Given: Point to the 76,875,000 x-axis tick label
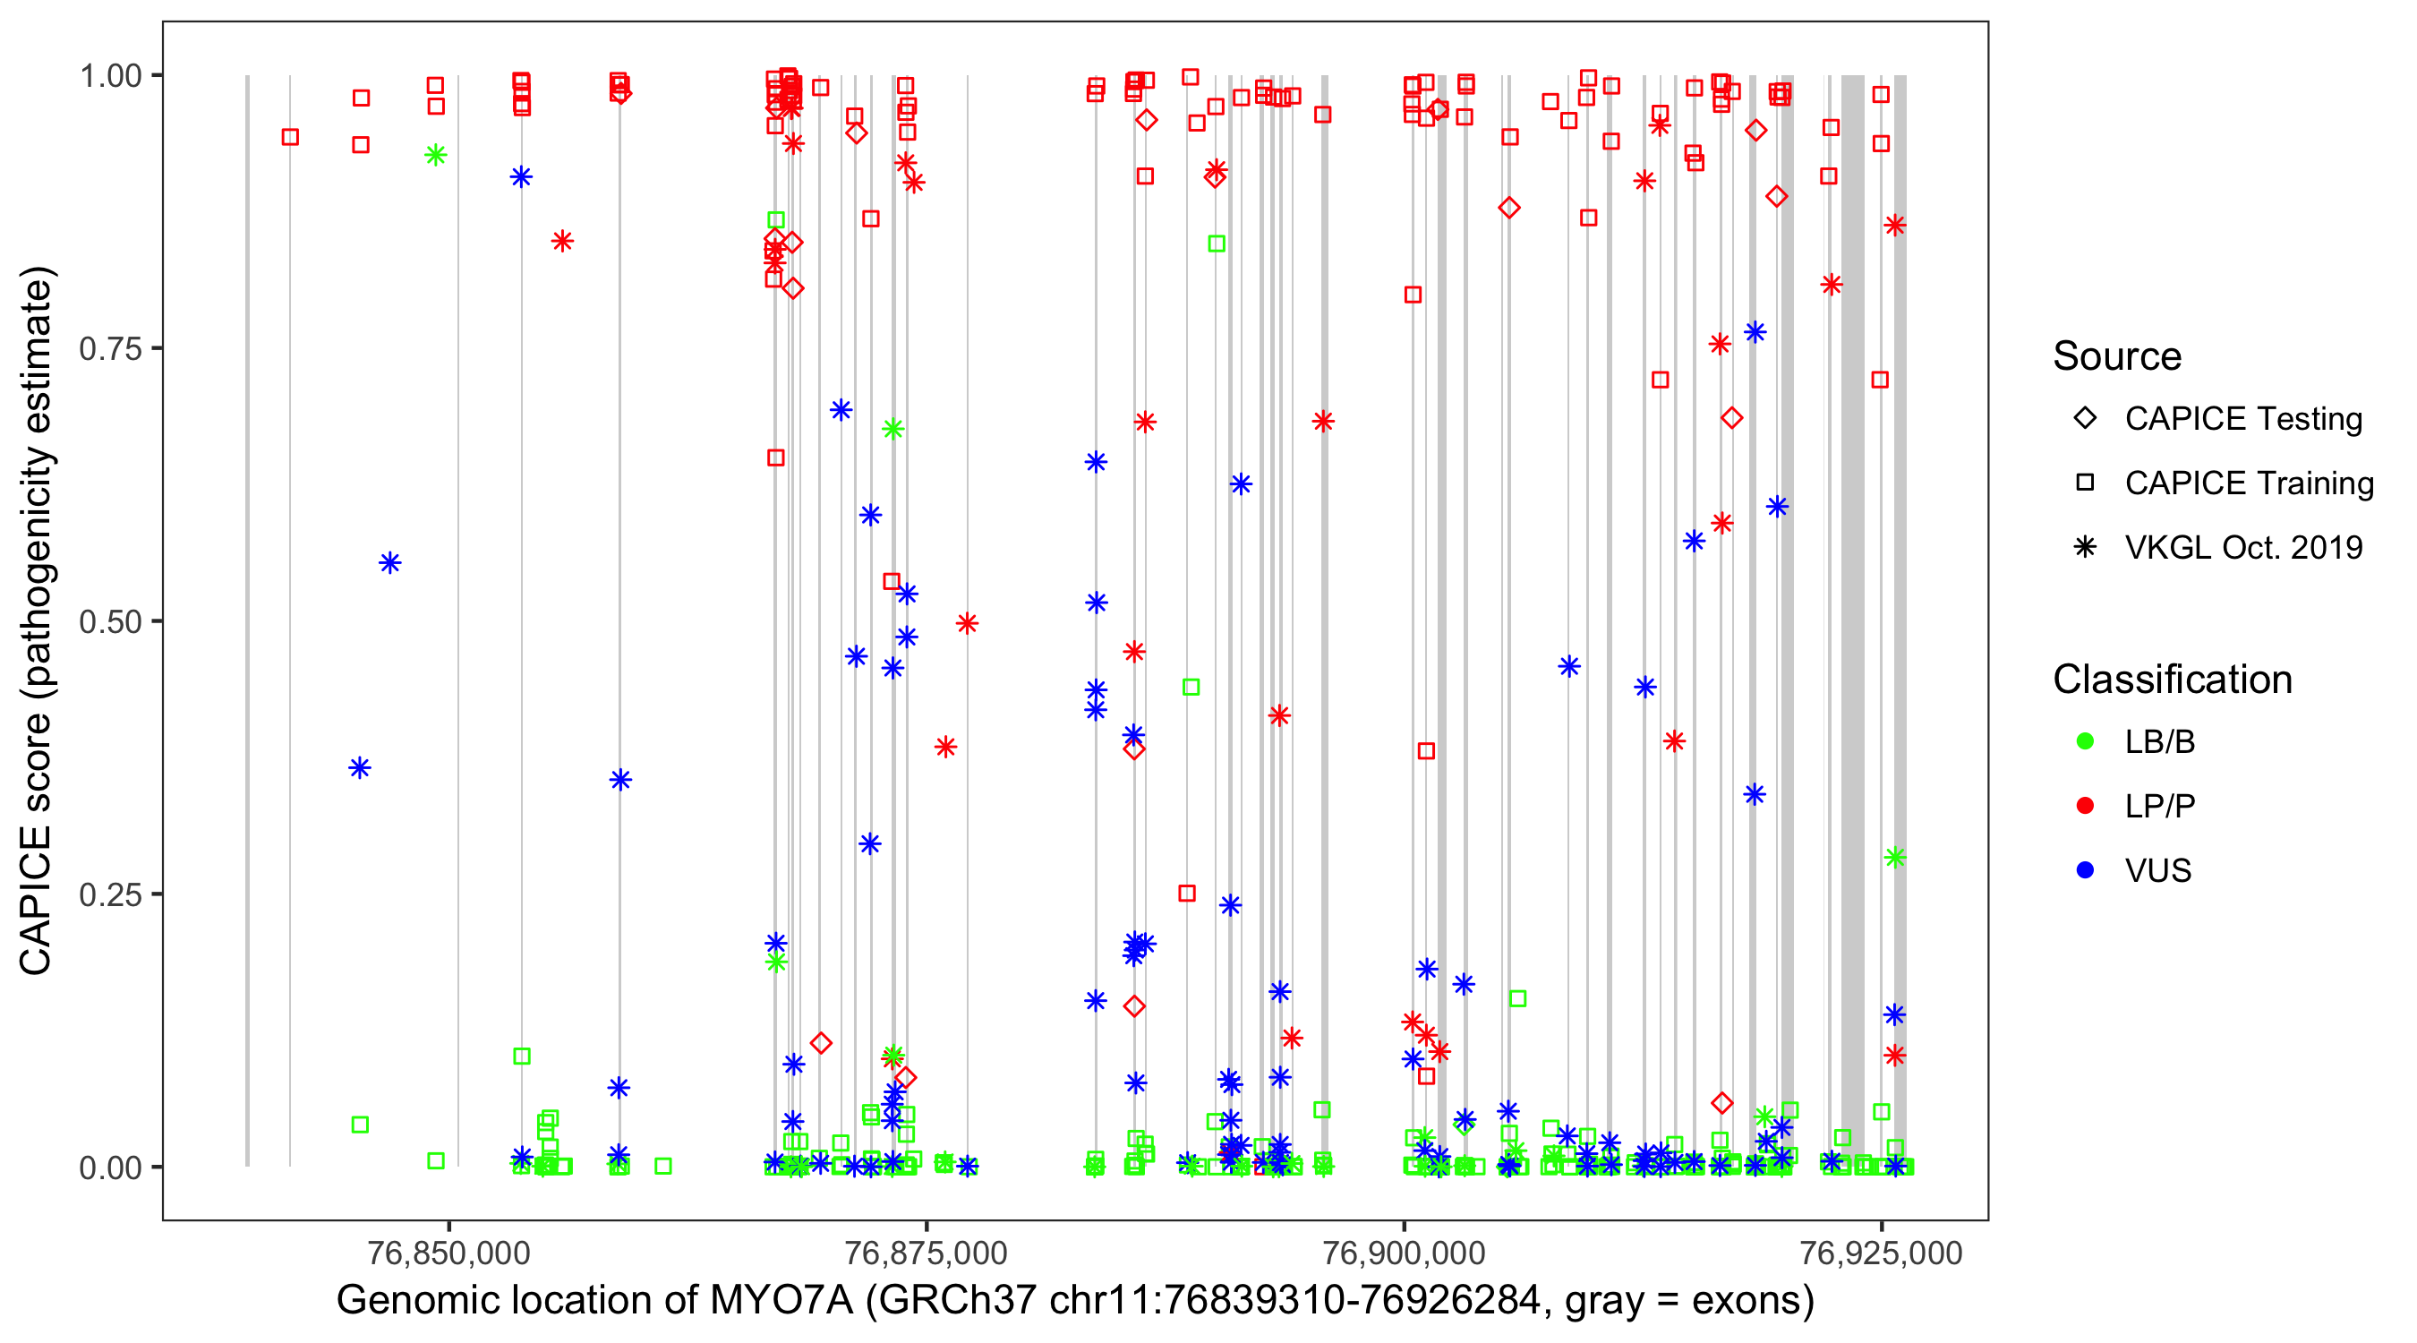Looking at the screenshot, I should pos(927,1253).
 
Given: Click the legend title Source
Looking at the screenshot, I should pos(2117,356).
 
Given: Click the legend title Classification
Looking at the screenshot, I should pos(2172,680).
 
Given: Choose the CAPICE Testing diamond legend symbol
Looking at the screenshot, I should pos(2085,419).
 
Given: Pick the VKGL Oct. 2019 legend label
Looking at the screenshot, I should pos(2243,547).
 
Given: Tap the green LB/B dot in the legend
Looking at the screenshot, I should pos(2085,741).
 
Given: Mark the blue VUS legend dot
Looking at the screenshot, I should pos(2085,870).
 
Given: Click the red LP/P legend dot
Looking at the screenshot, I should pos(2085,806).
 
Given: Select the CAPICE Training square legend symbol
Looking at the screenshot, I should pos(2085,483).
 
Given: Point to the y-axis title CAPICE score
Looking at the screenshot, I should pos(36,620).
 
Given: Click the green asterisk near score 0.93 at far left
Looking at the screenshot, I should pos(435,156).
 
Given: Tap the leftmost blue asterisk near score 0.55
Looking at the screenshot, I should pos(390,563).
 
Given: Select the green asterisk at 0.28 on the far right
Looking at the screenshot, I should pos(1894,857).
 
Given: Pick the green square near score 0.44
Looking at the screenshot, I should pos(1191,687).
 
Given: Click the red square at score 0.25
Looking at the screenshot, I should pos(1187,893).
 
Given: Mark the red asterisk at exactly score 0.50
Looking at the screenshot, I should pos(968,623).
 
